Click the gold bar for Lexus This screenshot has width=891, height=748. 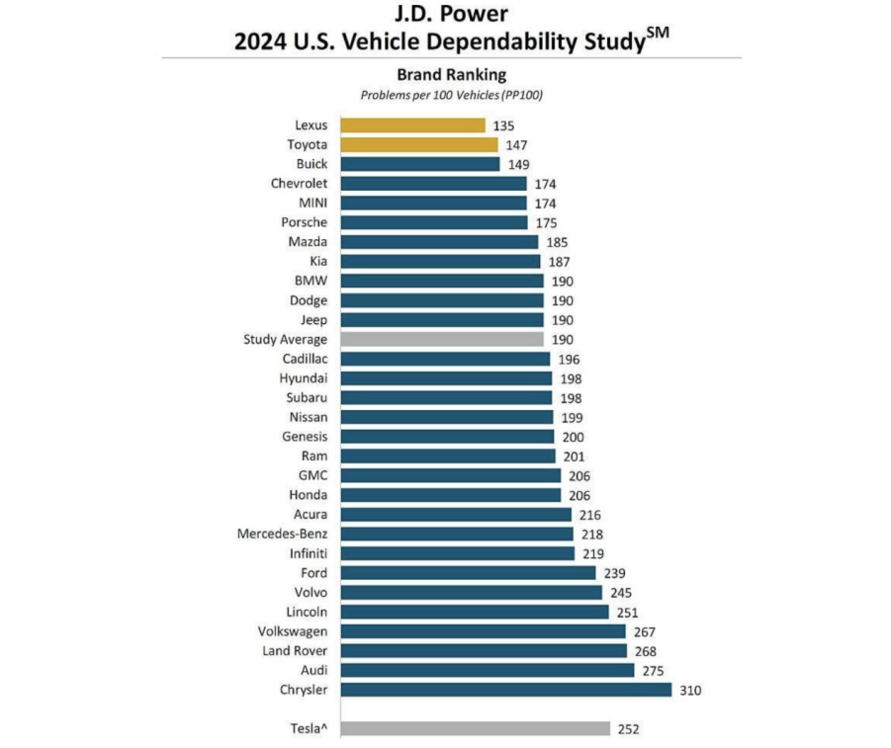413,125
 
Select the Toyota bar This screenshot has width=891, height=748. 419,144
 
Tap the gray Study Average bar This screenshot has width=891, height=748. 442,339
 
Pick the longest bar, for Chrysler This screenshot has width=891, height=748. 506,690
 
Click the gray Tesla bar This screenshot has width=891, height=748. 476,729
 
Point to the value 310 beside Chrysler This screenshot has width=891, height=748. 689,690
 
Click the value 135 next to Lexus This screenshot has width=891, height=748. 503,125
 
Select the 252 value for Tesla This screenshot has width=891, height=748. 628,729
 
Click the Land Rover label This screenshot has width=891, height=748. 295,650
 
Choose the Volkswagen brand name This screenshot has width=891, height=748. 293,630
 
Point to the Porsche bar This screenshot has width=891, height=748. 435,222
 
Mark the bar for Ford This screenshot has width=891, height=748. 469,573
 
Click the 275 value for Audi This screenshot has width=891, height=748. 653,670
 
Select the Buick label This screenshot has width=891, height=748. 312,164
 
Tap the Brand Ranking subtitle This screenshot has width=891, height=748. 451,74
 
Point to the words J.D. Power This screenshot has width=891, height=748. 451,14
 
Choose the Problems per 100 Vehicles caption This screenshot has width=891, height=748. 451,95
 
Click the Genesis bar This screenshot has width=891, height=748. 448,437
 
